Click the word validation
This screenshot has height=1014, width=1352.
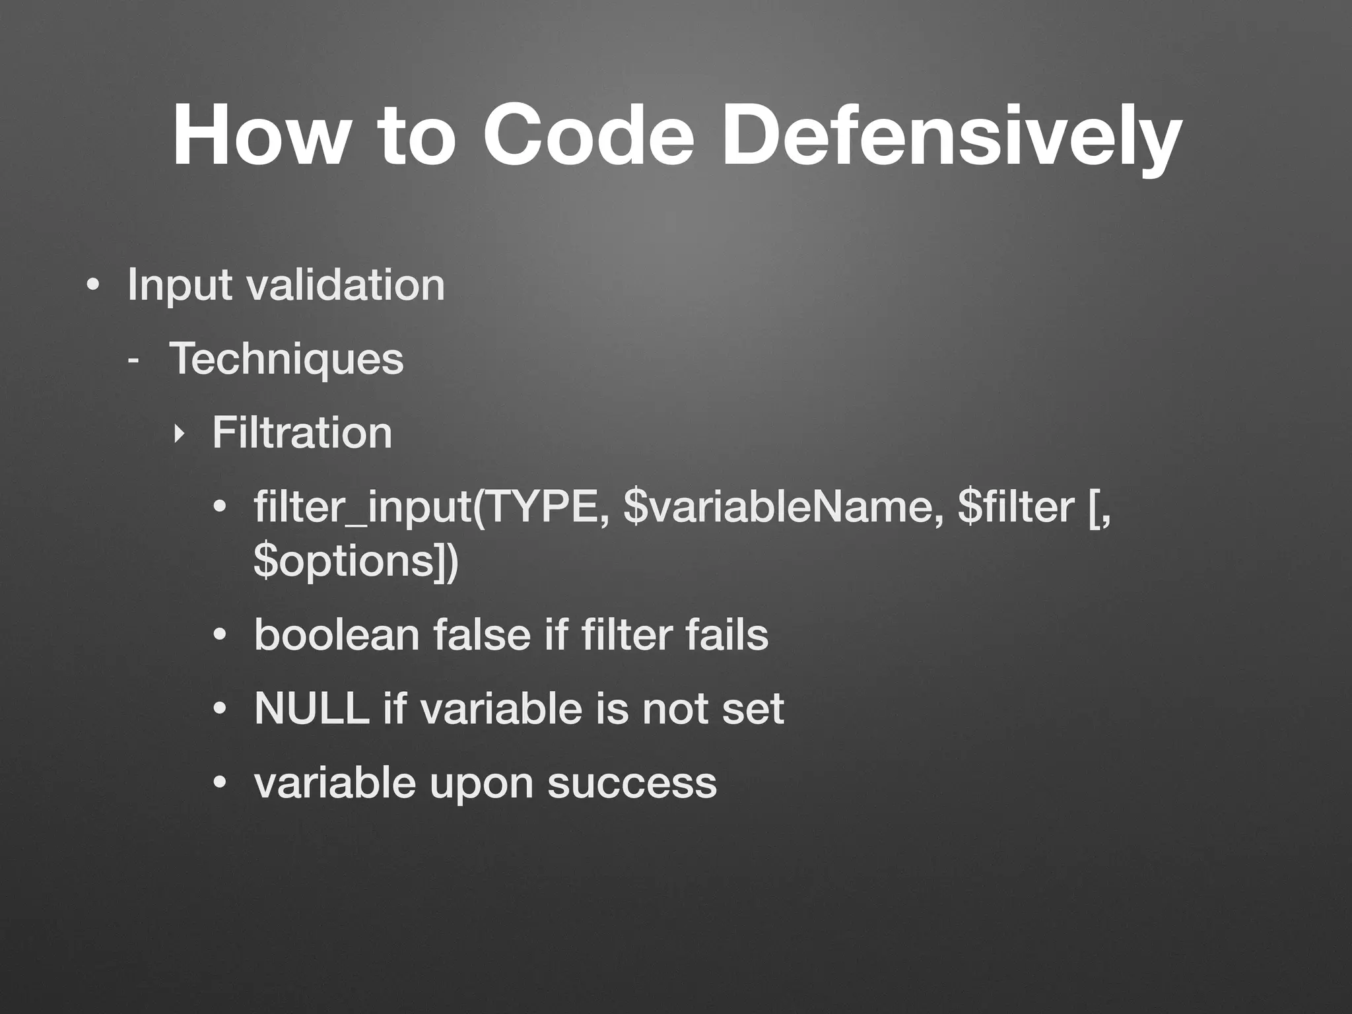point(345,285)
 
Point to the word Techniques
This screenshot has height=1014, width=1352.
point(286,359)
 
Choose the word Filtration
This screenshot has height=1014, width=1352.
point(302,432)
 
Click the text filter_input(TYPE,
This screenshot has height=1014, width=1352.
point(432,508)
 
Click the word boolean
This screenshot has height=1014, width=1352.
point(337,634)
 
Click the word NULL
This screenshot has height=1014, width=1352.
point(312,708)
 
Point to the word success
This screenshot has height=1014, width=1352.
point(632,784)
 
